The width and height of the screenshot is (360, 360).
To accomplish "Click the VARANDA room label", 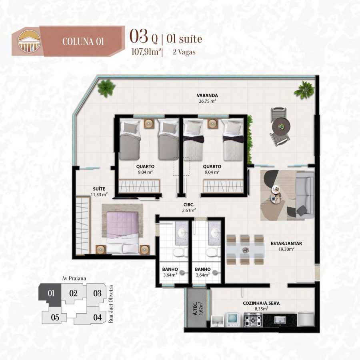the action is tap(207, 95).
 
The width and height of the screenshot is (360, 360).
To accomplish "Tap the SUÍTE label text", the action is tap(99, 189).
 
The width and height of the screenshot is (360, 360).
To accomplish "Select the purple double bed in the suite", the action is tap(122, 232).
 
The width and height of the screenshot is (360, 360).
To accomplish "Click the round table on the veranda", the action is tap(281, 126).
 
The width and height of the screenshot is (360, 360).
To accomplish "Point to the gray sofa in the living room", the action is tap(305, 194).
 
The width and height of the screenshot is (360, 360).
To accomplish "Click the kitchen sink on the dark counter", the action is tap(280, 320).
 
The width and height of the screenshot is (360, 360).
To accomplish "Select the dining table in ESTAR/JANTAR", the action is tap(245, 250).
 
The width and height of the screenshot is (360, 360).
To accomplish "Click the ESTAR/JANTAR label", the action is tap(286, 243).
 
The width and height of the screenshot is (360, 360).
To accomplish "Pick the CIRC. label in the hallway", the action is tap(189, 204).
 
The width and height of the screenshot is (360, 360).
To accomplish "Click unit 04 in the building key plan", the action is tap(97, 318).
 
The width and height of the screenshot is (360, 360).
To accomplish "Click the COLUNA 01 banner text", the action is tap(83, 42).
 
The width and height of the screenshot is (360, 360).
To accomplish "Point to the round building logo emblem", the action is tap(29, 41).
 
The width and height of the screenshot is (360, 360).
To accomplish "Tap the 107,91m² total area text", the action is tap(146, 52).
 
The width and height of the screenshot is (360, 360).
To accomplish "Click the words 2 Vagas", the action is tap(184, 52).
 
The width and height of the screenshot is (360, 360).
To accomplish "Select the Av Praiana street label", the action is tap(74, 278).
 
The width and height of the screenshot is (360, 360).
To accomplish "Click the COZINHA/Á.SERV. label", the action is tap(262, 303).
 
